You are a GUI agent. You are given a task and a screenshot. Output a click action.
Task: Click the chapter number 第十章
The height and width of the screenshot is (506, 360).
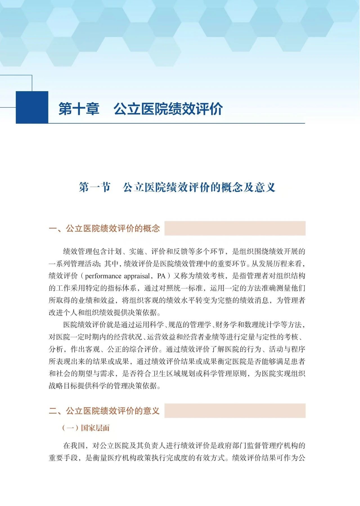point(79,109)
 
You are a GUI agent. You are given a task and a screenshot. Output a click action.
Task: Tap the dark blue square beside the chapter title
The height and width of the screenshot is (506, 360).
point(32,107)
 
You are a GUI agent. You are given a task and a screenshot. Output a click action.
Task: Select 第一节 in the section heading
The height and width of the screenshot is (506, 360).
point(94,187)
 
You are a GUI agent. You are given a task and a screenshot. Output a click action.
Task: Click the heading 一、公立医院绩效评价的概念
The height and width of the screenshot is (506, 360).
point(104,228)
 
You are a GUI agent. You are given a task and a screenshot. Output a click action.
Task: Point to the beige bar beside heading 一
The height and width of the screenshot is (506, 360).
point(235,228)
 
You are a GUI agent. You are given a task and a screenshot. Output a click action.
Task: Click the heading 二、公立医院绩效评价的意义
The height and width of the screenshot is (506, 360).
point(104,411)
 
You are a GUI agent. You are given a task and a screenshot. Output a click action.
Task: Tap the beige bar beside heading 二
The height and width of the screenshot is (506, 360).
point(235,411)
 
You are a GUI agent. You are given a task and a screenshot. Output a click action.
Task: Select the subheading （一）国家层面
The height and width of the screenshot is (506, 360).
point(85,428)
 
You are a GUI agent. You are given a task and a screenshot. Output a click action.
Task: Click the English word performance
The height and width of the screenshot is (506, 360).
point(103,276)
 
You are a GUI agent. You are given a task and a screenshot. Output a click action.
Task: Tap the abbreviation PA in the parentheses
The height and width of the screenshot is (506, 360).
point(161,276)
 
